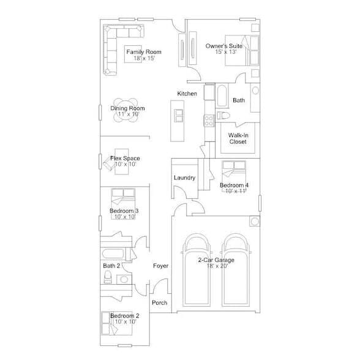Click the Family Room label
144,52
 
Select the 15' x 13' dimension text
225,53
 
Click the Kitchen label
187,94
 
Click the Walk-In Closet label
238,138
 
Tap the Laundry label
184,178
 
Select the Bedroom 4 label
234,186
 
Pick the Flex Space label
125,159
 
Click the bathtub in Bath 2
118,253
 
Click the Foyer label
160,266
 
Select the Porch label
159,303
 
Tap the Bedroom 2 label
125,316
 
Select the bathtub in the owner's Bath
222,96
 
